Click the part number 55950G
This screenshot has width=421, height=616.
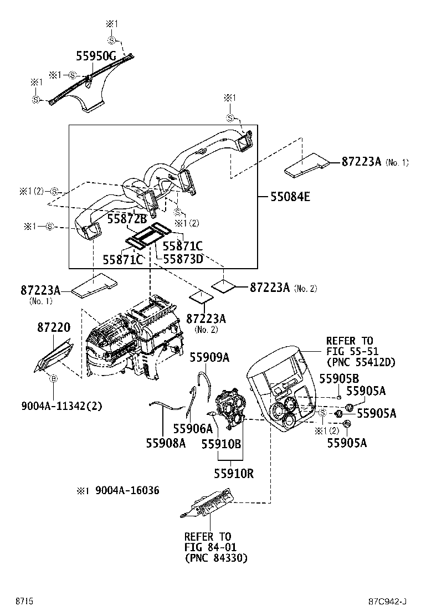point(96,55)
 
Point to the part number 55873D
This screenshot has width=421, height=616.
point(182,259)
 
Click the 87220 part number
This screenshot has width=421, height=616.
point(54,328)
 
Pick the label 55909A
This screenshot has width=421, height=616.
point(209,357)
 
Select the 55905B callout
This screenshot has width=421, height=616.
point(339,378)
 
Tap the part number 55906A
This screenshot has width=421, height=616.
point(192,428)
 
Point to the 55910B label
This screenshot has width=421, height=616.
point(220,444)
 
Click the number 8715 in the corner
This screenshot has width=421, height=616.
point(24,601)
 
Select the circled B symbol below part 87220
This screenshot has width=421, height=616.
point(54,378)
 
